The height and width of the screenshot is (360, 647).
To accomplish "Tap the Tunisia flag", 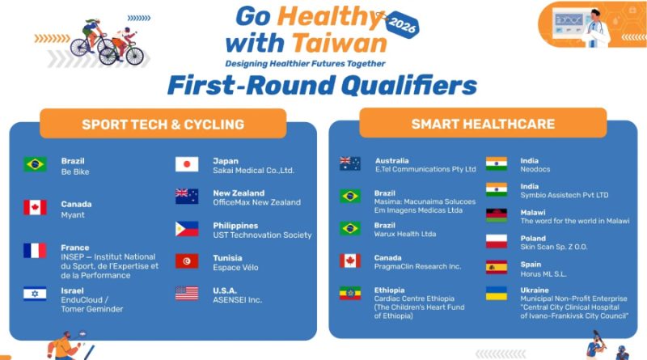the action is (187, 261).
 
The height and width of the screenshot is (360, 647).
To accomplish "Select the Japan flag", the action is (187, 164).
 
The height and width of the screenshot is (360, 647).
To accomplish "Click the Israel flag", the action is (35, 294).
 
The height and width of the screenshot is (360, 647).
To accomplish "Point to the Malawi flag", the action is (497, 215).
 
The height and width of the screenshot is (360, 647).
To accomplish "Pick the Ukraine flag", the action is (497, 293).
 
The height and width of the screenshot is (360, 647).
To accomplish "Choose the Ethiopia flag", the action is (350, 293).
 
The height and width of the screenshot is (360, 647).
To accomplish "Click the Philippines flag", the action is (187, 229).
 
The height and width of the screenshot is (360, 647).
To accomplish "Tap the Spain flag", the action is (497, 267).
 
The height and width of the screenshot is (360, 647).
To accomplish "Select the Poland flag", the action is (497, 241).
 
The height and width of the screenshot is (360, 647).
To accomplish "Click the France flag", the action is (35, 250).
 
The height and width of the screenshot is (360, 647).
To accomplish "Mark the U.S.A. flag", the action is (187, 293).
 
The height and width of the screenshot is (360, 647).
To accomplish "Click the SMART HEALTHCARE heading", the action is (483, 124).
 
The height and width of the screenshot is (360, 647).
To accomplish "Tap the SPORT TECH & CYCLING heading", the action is (163, 125).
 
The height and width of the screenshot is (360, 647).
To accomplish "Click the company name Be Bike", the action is (75, 172).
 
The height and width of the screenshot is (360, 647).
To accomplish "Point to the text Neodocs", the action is (535, 169).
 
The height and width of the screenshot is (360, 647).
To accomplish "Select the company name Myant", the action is (73, 215).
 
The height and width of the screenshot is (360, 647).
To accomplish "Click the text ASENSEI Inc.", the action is (237, 300).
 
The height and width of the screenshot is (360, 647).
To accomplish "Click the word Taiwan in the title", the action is (340, 43).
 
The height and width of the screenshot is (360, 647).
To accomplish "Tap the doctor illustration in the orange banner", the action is (594, 28).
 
